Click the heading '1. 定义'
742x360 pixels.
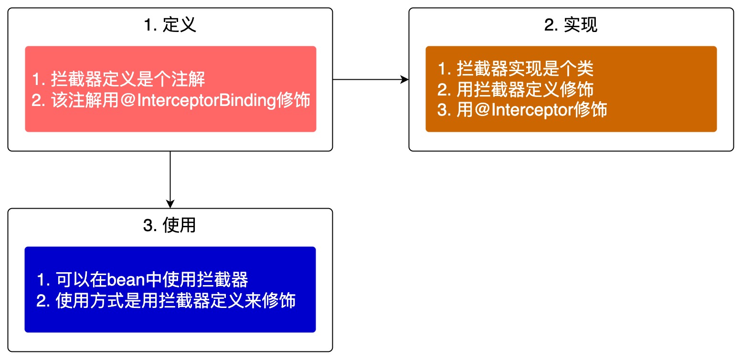pos(170,25)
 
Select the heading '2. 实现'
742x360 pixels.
pos(571,25)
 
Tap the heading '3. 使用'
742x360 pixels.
pos(170,225)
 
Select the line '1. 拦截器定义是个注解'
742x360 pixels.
pos(119,79)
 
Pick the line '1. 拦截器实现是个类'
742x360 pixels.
pos(515,69)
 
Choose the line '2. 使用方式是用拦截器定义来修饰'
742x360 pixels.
pos(166,301)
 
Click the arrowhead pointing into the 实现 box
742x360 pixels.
pos(405,79)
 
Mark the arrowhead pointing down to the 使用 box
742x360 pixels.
pos(170,204)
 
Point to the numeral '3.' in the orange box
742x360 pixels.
pos(444,110)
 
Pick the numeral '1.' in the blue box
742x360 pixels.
pos(43,279)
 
